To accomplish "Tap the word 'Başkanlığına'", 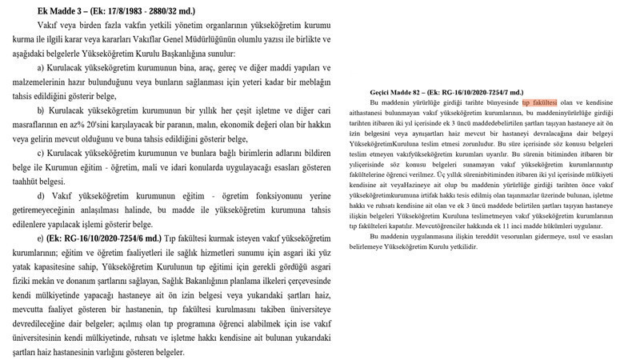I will coord(200,56).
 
